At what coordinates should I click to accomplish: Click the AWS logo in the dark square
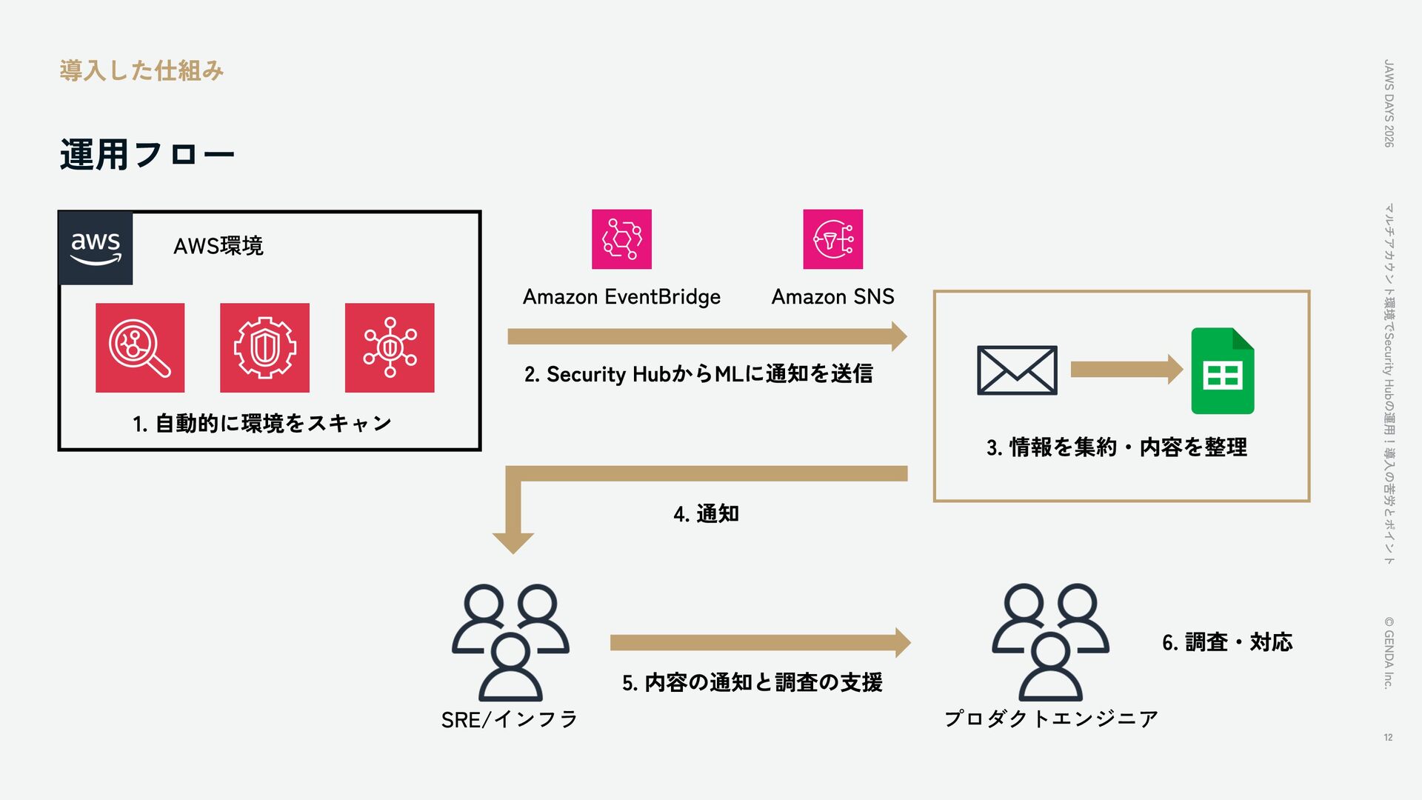pos(96,248)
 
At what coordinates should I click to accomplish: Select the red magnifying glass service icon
pos(140,347)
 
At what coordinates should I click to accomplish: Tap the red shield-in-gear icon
pos(264,347)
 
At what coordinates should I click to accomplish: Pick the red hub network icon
pos(390,347)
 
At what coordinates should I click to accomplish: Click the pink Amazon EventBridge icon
pos(621,239)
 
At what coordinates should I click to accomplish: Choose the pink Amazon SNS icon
pos(833,239)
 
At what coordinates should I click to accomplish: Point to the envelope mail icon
pos(1017,370)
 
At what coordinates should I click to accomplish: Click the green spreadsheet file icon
pos(1223,370)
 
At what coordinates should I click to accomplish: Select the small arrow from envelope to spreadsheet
pos(1127,369)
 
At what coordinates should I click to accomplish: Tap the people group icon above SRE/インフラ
pos(510,642)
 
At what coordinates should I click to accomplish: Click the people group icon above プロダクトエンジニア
pos(1050,642)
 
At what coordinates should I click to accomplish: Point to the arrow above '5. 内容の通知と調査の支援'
pos(761,642)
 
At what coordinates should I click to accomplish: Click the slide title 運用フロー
pos(147,155)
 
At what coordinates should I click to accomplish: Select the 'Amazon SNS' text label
pos(833,297)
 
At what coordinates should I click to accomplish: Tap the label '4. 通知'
pos(706,513)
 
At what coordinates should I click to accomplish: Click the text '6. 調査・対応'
pos(1227,642)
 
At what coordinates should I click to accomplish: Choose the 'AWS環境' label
pos(218,246)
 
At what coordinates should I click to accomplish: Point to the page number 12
pos(1388,737)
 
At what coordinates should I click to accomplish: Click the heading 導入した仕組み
pos(141,71)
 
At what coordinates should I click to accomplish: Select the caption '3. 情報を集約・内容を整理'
pos(1117,447)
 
